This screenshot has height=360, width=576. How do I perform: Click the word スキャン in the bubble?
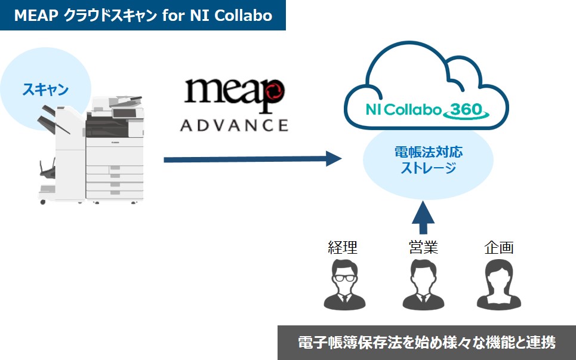pyautogui.click(x=45, y=90)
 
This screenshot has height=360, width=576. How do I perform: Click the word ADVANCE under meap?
pyautogui.click(x=234, y=125)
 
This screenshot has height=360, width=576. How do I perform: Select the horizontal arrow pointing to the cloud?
pyautogui.click(x=251, y=159)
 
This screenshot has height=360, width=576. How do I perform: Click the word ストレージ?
pyautogui.click(x=428, y=168)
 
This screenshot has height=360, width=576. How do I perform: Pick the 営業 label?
pyautogui.click(x=423, y=247)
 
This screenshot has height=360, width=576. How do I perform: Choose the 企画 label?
pyautogui.click(x=498, y=247)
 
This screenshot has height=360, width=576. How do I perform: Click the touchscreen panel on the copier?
pyautogui.click(x=124, y=112)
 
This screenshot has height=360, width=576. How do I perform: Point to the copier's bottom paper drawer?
pyautogui.click(x=115, y=192)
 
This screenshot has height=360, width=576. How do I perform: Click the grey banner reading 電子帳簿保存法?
pyautogui.click(x=427, y=343)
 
